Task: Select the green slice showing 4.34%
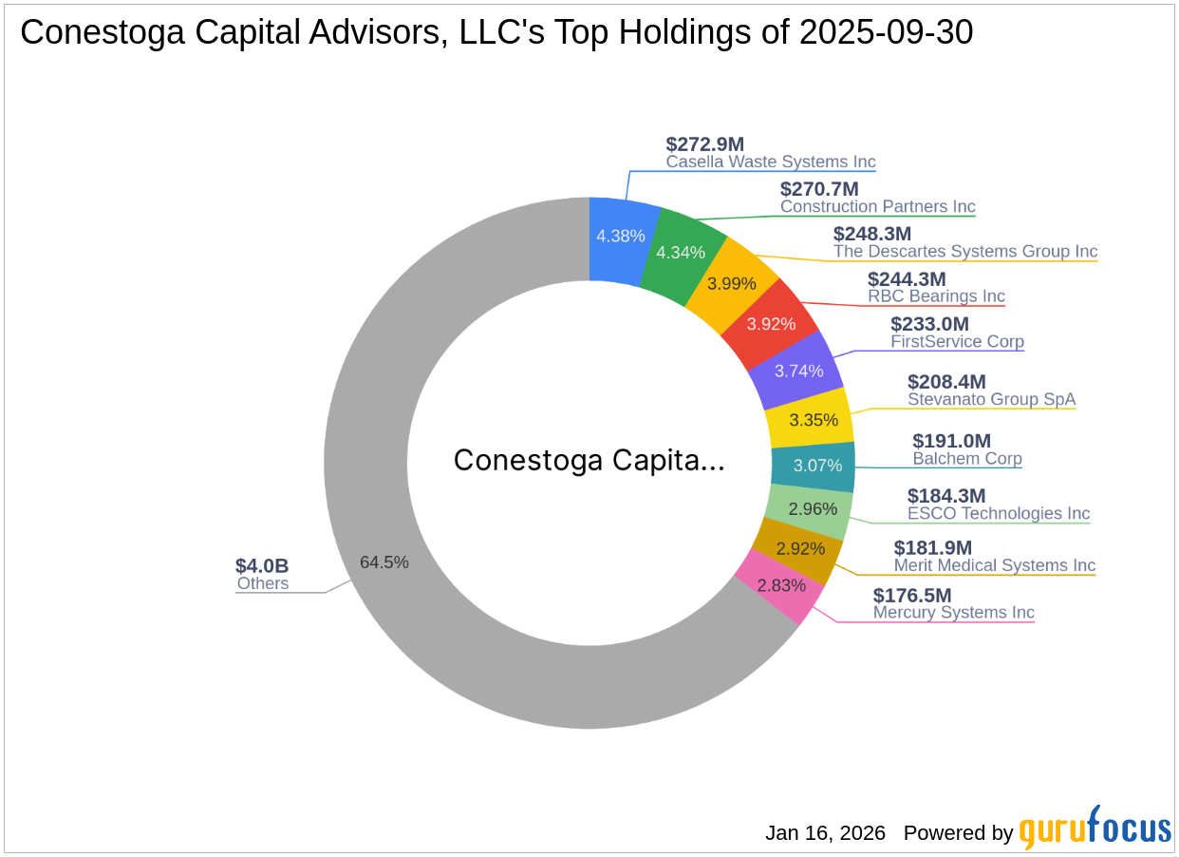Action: point(680,252)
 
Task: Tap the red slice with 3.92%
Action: point(771,324)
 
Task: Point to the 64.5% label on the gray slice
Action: point(384,562)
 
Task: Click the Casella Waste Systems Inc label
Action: point(770,162)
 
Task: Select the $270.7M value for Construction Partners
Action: point(818,189)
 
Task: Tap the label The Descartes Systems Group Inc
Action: point(964,252)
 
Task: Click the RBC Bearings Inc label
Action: point(935,296)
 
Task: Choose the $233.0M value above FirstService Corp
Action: point(929,324)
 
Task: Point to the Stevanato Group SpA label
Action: point(991,399)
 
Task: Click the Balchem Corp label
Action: point(966,459)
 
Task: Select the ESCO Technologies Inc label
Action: point(998,513)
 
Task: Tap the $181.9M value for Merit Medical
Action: point(933,547)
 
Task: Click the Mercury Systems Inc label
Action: point(953,613)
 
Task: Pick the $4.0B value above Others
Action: point(262,566)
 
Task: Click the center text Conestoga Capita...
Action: point(589,461)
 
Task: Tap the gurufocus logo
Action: point(1095,829)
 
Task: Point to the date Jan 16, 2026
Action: point(825,833)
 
